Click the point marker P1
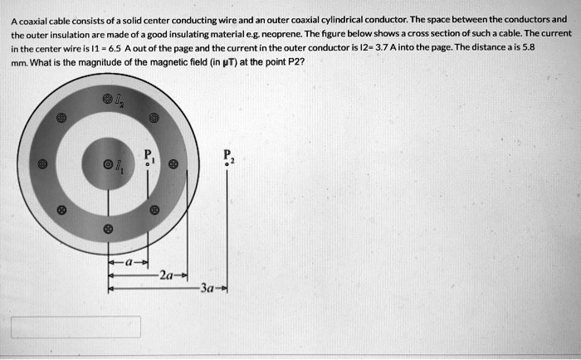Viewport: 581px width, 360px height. tap(148, 164)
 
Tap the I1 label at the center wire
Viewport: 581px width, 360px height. tap(118, 168)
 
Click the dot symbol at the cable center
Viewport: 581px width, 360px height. tap(106, 165)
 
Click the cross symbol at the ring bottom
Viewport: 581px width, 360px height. tap(106, 227)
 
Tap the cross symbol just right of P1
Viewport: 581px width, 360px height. tap(173, 165)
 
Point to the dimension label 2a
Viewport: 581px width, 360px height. tap(168, 275)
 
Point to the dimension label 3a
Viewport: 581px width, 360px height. tap(207, 289)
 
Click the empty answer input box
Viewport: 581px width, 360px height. tap(76, 327)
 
